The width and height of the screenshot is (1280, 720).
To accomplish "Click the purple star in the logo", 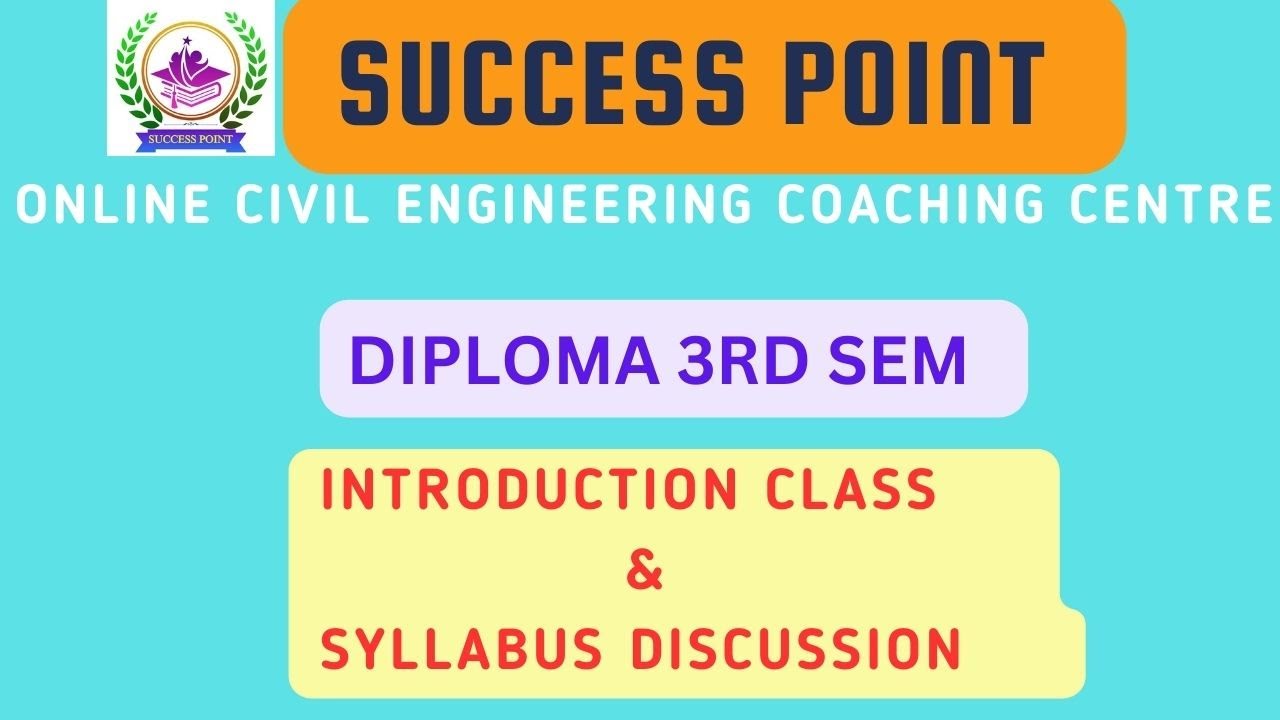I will tap(186, 40).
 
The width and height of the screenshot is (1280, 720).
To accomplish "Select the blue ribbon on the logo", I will tap(190, 138).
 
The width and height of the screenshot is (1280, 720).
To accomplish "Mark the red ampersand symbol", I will tap(645, 573).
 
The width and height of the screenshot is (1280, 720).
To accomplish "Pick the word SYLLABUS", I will tap(460, 650).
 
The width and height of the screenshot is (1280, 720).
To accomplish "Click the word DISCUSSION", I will tap(796, 650).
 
